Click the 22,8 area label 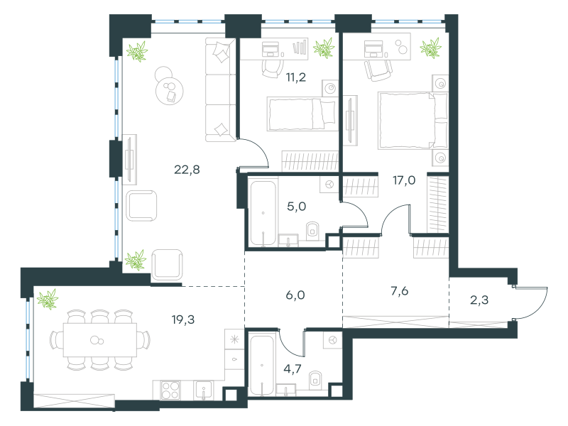[x=187, y=170]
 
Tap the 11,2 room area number [x=296, y=77]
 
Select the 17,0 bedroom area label [x=404, y=180]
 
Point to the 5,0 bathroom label [x=296, y=207]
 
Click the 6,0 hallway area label [x=295, y=295]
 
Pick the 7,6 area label [x=400, y=291]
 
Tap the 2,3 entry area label [x=479, y=300]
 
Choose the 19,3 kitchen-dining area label [x=183, y=319]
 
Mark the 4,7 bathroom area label [x=293, y=368]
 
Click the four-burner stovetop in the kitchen [x=170, y=390]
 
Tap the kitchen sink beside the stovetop [x=203, y=390]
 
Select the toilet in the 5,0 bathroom [x=312, y=231]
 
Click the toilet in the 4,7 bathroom [x=316, y=380]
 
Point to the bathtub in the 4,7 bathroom [x=261, y=366]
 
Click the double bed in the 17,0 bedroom [x=413, y=120]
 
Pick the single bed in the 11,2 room [x=302, y=114]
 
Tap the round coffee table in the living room [x=169, y=91]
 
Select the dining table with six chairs [x=100, y=340]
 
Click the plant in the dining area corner [x=48, y=299]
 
